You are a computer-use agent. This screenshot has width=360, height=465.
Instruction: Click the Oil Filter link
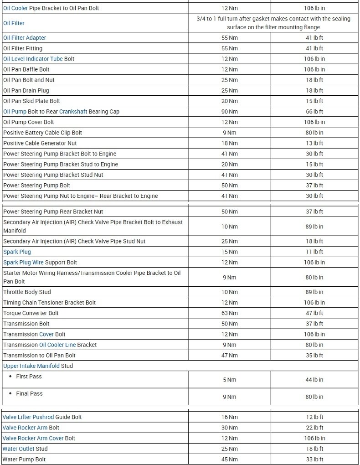(x=14, y=23)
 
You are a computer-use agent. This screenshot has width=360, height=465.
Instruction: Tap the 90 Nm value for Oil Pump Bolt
(x=230, y=112)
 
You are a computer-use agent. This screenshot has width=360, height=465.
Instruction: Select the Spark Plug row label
(x=17, y=252)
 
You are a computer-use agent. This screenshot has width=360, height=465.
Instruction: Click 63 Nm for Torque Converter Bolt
(x=230, y=313)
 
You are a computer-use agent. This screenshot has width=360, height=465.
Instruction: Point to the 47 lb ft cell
(x=314, y=313)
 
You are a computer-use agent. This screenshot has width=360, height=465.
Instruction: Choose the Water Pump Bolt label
(x=24, y=460)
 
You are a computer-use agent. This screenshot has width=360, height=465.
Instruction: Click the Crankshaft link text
(x=73, y=112)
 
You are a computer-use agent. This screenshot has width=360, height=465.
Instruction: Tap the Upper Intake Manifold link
(x=31, y=366)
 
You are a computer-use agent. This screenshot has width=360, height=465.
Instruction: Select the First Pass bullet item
(x=29, y=377)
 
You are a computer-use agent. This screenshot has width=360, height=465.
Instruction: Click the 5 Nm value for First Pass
(x=230, y=380)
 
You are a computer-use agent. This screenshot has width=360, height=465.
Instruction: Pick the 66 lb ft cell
(x=314, y=112)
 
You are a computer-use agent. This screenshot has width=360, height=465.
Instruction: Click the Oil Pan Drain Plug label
(x=26, y=91)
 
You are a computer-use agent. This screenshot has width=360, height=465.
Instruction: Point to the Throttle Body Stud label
(x=27, y=292)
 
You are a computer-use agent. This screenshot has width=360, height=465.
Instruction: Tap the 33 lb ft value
(x=314, y=460)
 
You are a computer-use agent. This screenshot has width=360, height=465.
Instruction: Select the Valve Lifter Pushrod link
(x=28, y=417)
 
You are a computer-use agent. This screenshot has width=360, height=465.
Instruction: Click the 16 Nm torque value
(x=230, y=417)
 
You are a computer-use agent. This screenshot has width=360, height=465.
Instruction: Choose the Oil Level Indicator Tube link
(x=33, y=59)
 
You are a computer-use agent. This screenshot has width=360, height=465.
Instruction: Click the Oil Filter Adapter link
(x=25, y=38)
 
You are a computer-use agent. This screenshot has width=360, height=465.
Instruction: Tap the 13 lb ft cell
(x=314, y=143)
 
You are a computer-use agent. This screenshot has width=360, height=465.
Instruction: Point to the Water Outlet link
(x=18, y=449)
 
